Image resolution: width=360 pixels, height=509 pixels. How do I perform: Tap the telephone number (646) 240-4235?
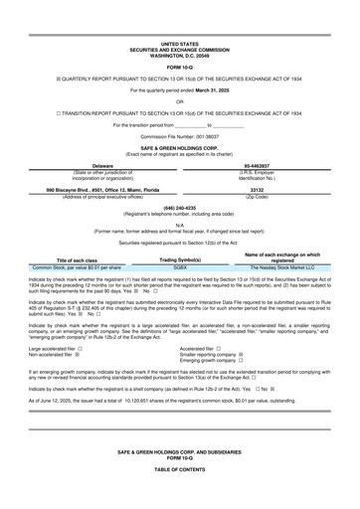click(x=179, y=207)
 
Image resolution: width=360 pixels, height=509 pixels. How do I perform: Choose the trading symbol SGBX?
click(x=180, y=267)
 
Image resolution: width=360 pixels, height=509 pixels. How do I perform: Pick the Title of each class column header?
click(x=78, y=260)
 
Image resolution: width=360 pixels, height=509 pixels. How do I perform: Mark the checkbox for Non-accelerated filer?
click(x=78, y=355)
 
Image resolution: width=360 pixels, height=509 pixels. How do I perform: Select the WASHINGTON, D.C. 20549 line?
click(x=179, y=55)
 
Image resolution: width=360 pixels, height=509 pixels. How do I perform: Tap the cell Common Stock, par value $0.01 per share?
click(x=78, y=267)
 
